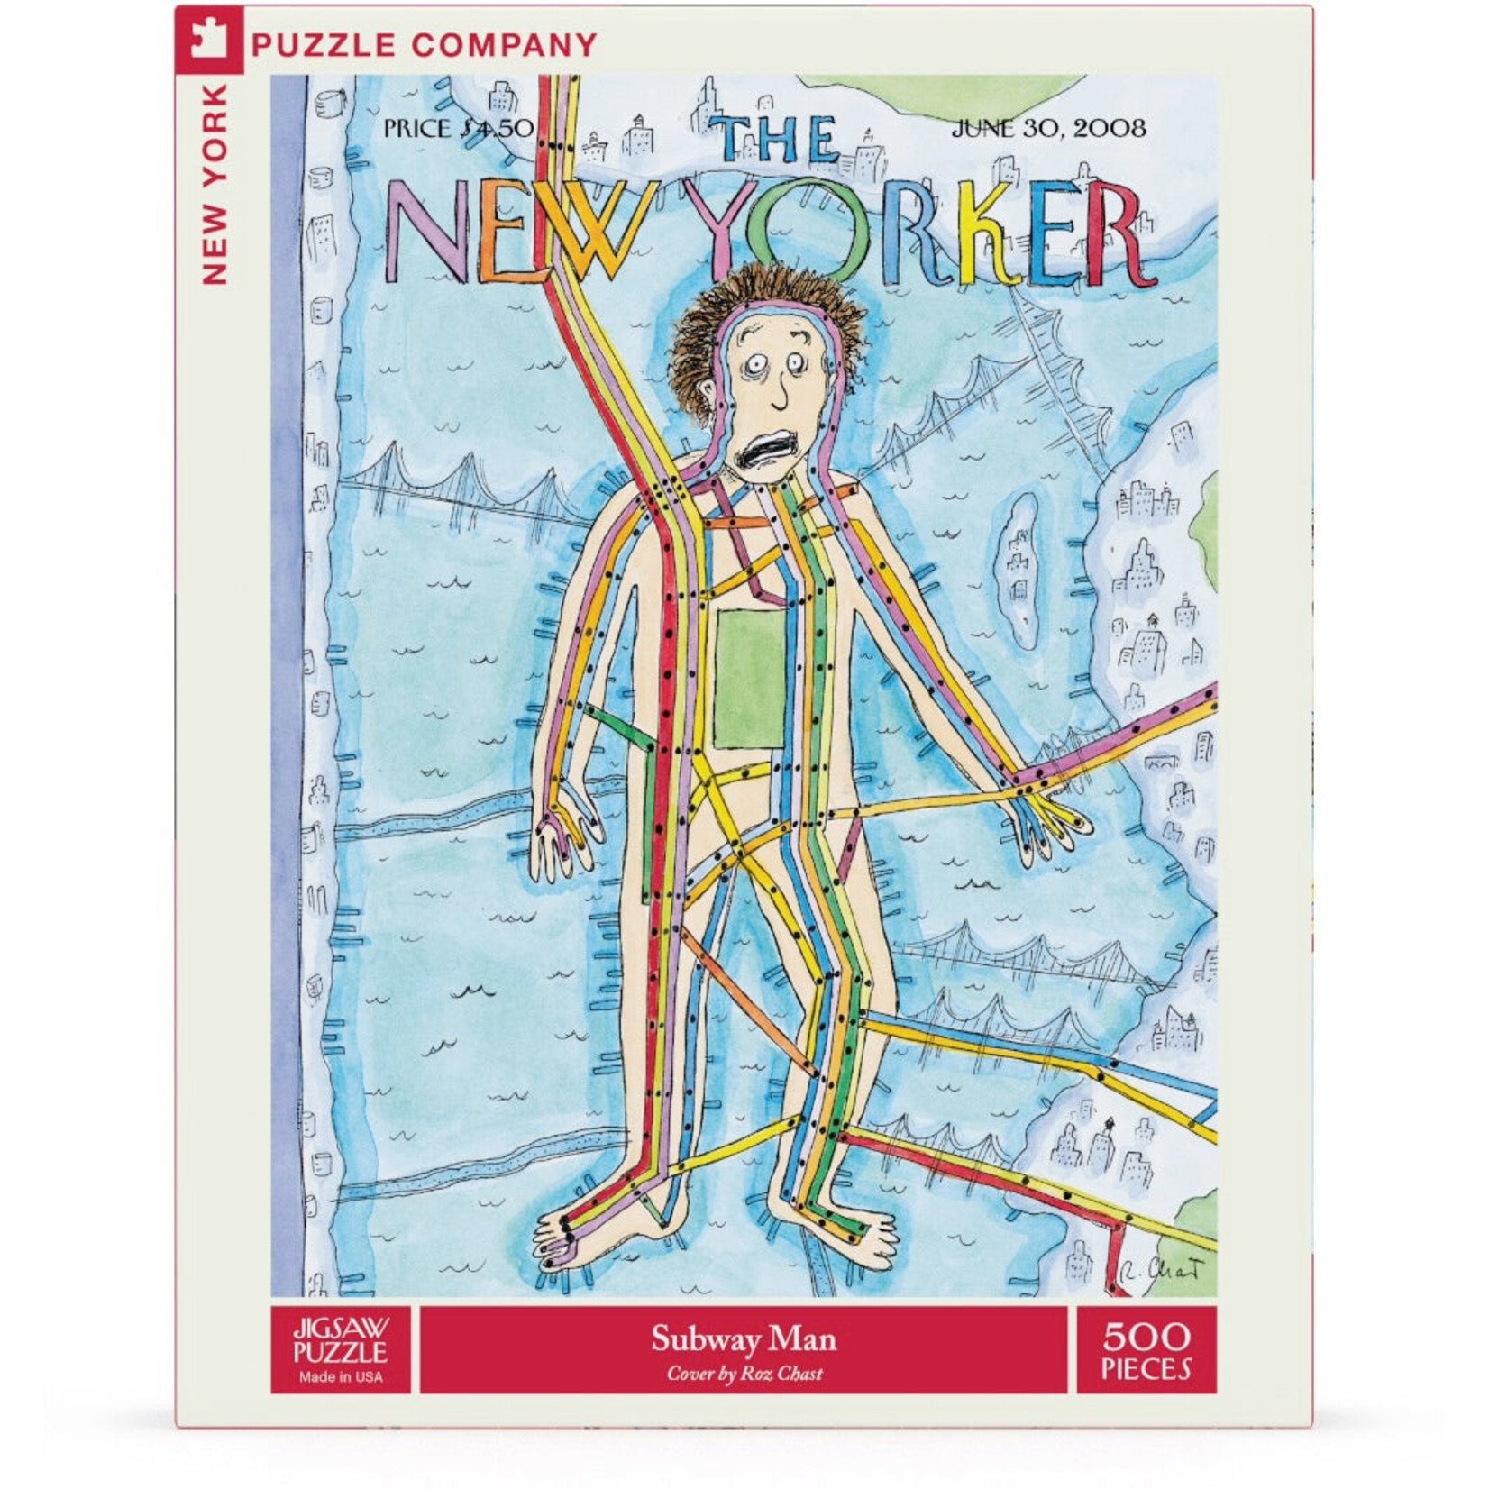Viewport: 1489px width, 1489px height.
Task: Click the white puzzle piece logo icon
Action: coord(208,41)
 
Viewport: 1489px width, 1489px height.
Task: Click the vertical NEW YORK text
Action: coord(215,185)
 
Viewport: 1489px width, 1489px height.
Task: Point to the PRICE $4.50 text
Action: coord(458,128)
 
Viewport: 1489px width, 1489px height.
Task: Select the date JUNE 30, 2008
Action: coord(1049,128)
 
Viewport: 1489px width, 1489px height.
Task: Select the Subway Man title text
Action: coord(744,1338)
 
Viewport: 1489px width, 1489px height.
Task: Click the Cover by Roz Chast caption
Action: coord(744,1374)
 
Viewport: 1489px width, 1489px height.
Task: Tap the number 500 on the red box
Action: coord(1146,1336)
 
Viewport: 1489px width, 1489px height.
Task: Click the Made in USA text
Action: coord(341,1376)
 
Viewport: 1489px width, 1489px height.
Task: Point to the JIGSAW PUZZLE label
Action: coord(341,1340)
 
